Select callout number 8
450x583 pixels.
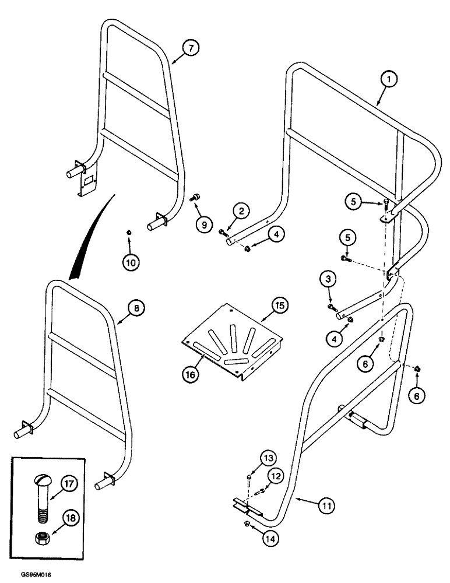coord(135,308)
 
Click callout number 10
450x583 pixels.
coord(130,262)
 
